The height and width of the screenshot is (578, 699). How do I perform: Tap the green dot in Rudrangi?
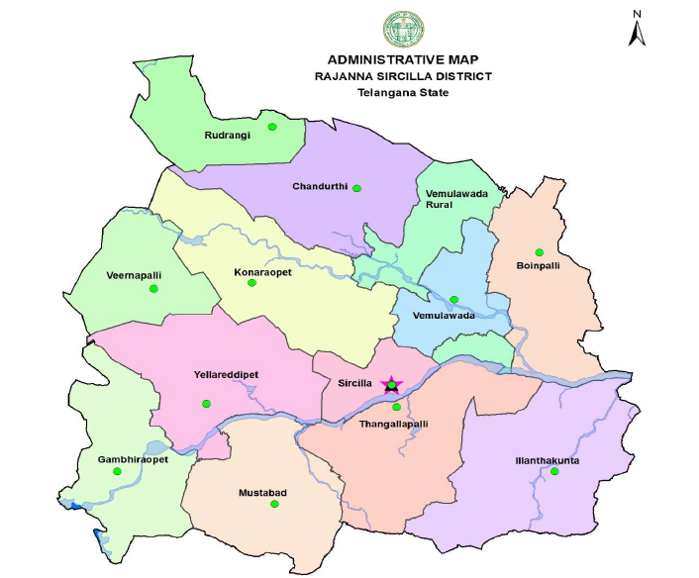point(272,127)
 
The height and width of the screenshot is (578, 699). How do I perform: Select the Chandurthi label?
point(318,186)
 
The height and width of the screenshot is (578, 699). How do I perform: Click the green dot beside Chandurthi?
point(357,188)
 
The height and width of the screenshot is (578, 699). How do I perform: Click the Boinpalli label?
point(539,265)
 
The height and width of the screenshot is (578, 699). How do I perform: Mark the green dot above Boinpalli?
point(539,251)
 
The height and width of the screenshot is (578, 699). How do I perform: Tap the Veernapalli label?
point(133,274)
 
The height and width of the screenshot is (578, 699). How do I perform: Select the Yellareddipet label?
point(227,375)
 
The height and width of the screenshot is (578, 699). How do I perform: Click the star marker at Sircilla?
point(391,384)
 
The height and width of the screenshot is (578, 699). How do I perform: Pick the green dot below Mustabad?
point(274,505)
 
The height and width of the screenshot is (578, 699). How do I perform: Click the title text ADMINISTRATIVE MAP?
point(402,59)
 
